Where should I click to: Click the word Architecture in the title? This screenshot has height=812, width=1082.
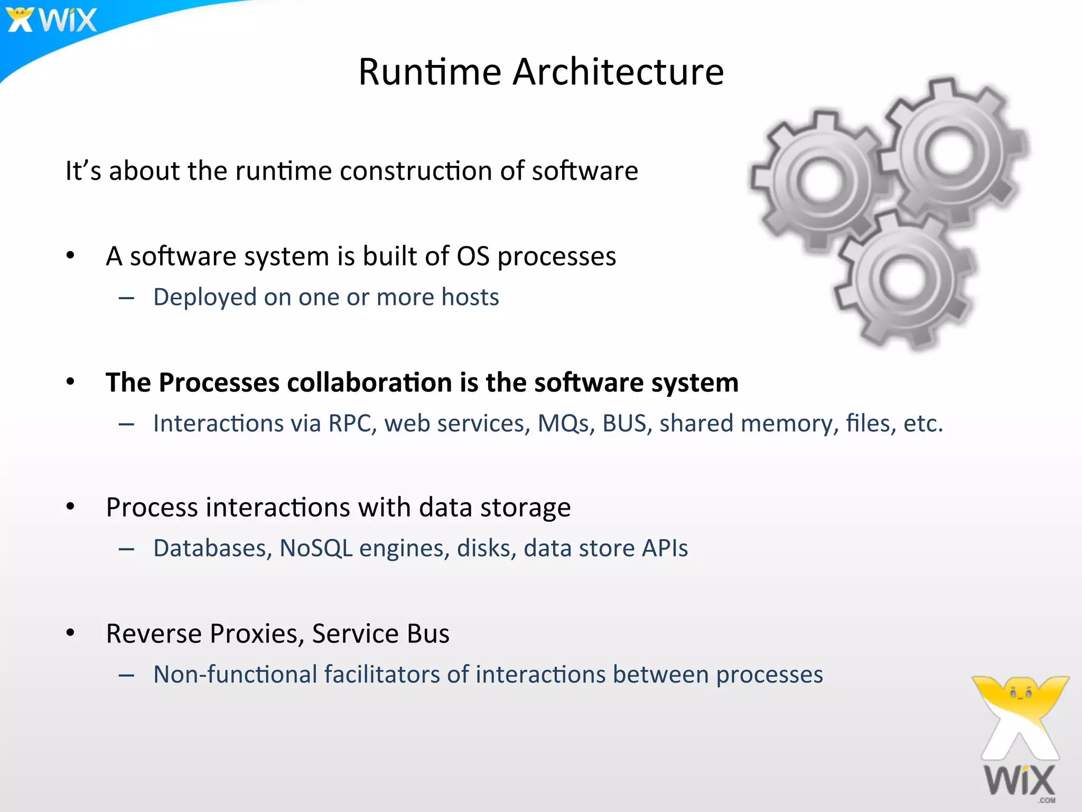(x=618, y=72)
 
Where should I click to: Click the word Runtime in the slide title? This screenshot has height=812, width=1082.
(x=430, y=72)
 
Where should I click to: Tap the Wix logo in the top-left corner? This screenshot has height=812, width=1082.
(x=52, y=20)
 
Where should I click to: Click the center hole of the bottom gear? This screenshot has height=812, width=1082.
(x=904, y=279)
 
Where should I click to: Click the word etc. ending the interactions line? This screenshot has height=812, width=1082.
(x=923, y=423)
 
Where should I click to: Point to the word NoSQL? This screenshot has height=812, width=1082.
(x=315, y=548)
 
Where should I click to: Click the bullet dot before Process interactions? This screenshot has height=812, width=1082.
(x=71, y=506)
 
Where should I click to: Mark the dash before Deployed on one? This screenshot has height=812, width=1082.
(x=126, y=299)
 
